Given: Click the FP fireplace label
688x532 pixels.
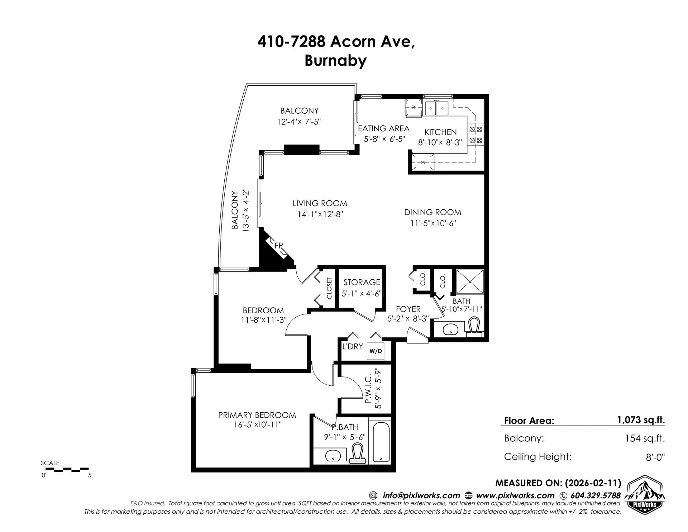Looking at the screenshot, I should [x=278, y=246].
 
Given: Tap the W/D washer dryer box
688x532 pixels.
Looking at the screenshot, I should [x=376, y=351].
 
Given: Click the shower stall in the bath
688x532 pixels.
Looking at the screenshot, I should [x=470, y=282].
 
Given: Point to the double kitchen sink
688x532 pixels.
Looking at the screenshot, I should [x=436, y=108].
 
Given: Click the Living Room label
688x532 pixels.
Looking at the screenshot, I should [x=320, y=203].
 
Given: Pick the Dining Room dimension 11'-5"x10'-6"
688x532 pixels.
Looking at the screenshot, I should [x=433, y=223].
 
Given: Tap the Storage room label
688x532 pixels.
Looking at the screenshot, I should [x=362, y=282].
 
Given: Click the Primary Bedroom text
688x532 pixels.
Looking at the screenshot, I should [x=257, y=415].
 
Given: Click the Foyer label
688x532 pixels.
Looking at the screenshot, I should [x=408, y=309].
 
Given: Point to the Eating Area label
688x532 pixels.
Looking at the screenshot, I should [x=383, y=128].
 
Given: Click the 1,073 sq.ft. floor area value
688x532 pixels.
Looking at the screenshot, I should [x=641, y=420].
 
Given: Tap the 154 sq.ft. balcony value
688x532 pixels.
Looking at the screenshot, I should [x=645, y=438].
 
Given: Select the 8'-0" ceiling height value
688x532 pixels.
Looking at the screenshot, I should [x=655, y=457].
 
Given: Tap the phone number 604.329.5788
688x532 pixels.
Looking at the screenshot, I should [x=595, y=495].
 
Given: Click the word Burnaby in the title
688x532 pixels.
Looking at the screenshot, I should [x=335, y=60].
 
